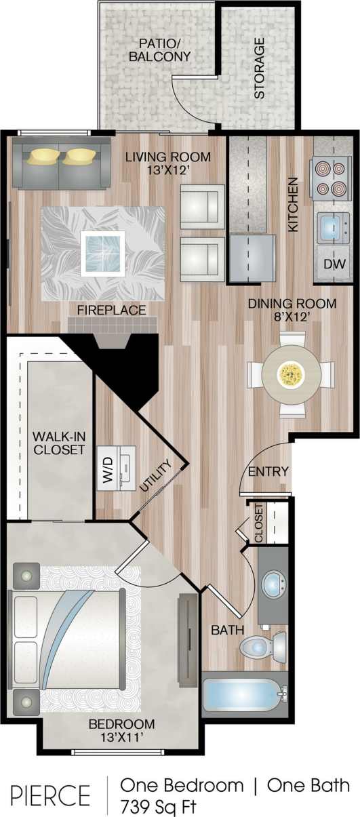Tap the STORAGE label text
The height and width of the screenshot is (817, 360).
point(259,68)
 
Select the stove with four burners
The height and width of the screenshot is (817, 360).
point(329,178)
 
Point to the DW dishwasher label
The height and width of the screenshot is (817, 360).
point(332,264)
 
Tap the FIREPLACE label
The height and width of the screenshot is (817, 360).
point(112,311)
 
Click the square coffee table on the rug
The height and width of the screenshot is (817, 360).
point(102,253)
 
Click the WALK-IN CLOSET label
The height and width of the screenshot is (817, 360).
point(58,442)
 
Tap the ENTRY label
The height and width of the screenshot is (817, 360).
point(268,471)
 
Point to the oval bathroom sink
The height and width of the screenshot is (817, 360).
point(275,584)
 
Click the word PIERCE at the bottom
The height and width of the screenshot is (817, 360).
point(50,795)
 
